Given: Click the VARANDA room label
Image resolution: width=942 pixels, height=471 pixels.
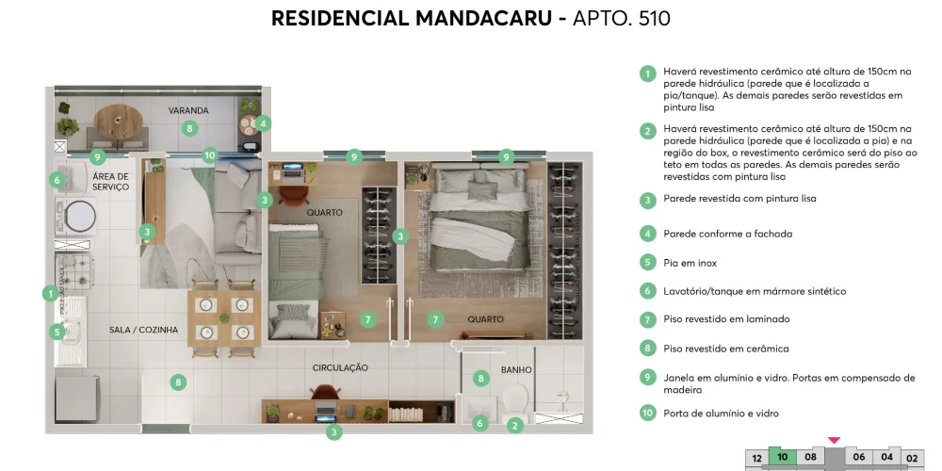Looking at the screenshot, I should [x=188, y=110].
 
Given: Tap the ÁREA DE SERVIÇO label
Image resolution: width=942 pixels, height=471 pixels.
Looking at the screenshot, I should [x=111, y=182].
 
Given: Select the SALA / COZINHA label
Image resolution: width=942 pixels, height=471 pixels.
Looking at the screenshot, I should [x=142, y=330].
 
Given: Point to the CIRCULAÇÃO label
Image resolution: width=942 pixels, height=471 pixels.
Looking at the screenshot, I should [x=340, y=367].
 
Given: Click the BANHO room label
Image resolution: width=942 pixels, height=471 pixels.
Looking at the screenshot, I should [x=517, y=370].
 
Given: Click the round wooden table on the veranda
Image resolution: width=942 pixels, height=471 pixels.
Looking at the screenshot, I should [x=118, y=121].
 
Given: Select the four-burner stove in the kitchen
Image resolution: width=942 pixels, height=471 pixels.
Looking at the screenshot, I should [x=75, y=270].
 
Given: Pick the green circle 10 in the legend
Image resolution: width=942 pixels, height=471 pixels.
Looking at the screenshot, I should [x=647, y=413].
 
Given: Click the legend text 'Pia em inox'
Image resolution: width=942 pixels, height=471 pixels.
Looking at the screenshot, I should [x=690, y=263].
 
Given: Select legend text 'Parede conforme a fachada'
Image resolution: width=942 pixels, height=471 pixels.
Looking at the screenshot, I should [x=728, y=234].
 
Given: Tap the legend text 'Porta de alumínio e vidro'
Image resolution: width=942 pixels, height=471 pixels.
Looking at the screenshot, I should [x=721, y=414].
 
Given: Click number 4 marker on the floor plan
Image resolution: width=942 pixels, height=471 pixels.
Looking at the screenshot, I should [x=263, y=122].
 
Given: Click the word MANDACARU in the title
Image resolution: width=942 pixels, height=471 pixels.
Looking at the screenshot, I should [x=472, y=18].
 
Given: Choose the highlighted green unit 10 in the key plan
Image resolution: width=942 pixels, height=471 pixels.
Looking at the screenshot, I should [x=782, y=457].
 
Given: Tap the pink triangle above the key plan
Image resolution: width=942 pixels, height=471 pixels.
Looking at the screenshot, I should [x=834, y=440].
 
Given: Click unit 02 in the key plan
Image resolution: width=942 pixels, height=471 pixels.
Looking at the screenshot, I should [x=912, y=458].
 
